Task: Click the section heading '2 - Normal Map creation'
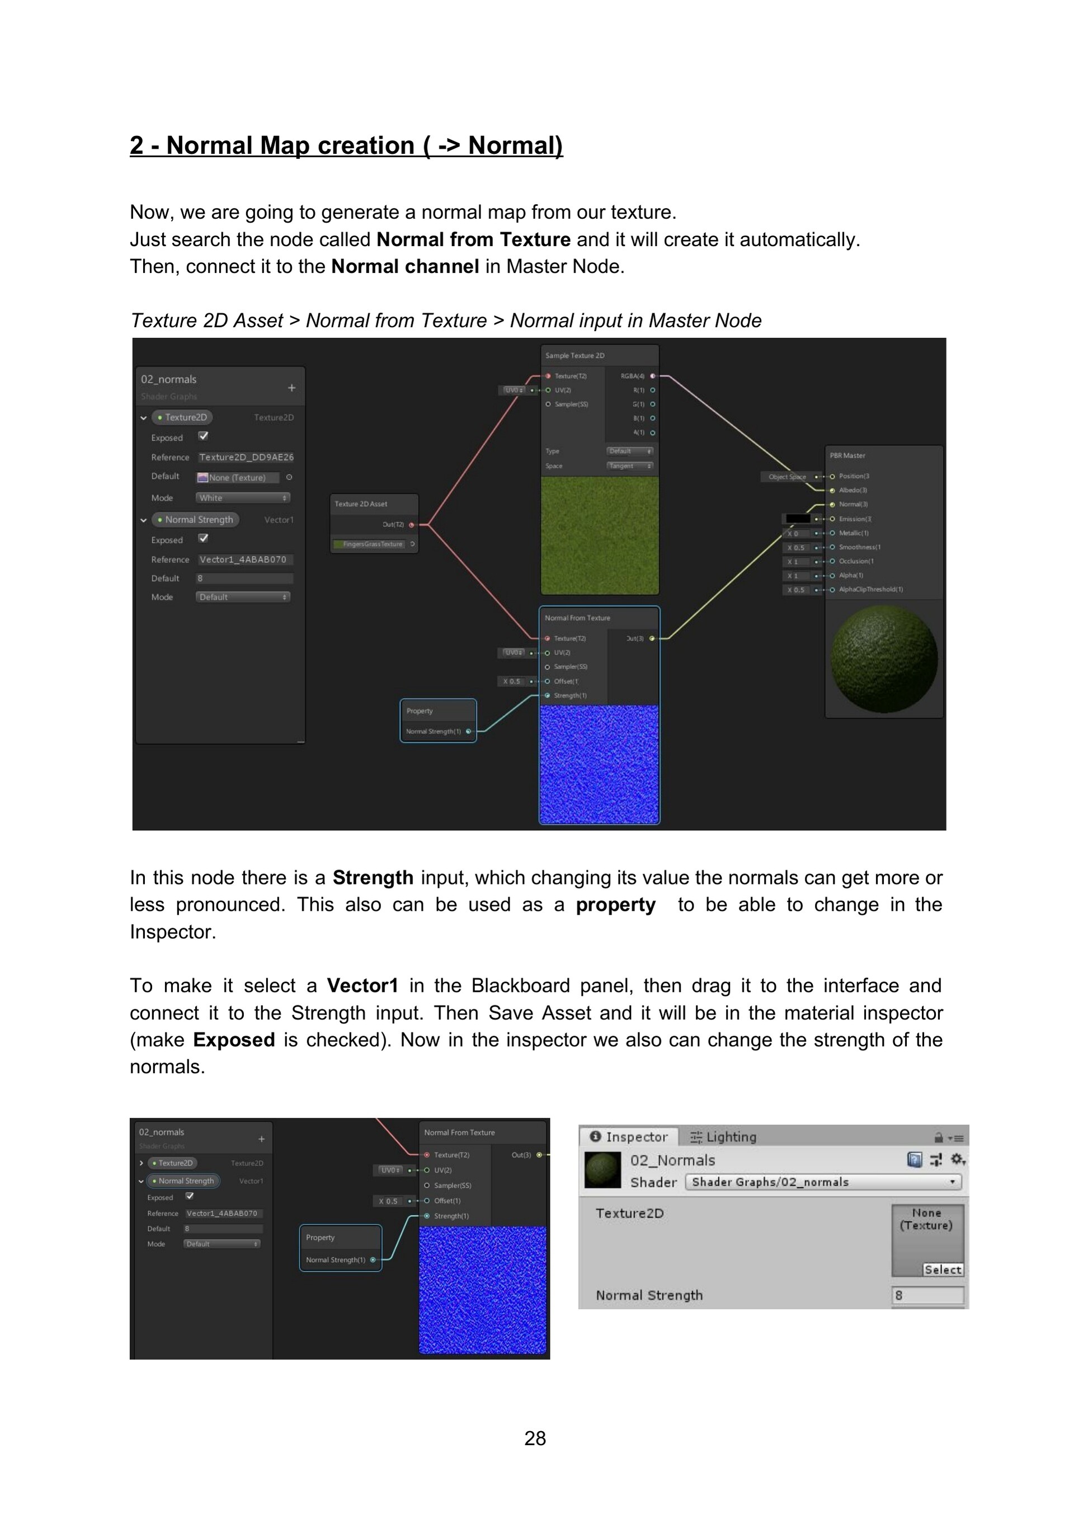pyautogui.click(x=346, y=145)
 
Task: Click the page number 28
pyautogui.click(x=535, y=1438)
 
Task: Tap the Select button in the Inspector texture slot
pyautogui.click(x=943, y=1269)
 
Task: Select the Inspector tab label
pyautogui.click(x=630, y=1137)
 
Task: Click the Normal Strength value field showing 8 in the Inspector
pyautogui.click(x=927, y=1295)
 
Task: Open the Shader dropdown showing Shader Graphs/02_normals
pyautogui.click(x=823, y=1182)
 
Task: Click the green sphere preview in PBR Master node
pyautogui.click(x=884, y=660)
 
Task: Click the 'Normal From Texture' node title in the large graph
pyautogui.click(x=577, y=618)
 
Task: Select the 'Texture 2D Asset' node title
pyautogui.click(x=361, y=504)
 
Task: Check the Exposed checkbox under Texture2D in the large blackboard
pyautogui.click(x=203, y=436)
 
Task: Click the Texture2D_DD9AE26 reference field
pyautogui.click(x=246, y=457)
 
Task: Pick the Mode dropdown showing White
pyautogui.click(x=243, y=497)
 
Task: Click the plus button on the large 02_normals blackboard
pyautogui.click(x=291, y=388)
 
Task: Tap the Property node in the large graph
pyautogui.click(x=438, y=721)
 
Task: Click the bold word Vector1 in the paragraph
pyautogui.click(x=362, y=986)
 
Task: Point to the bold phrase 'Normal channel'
pyautogui.click(x=405, y=267)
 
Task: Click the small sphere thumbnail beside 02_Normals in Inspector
pyautogui.click(x=602, y=1170)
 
